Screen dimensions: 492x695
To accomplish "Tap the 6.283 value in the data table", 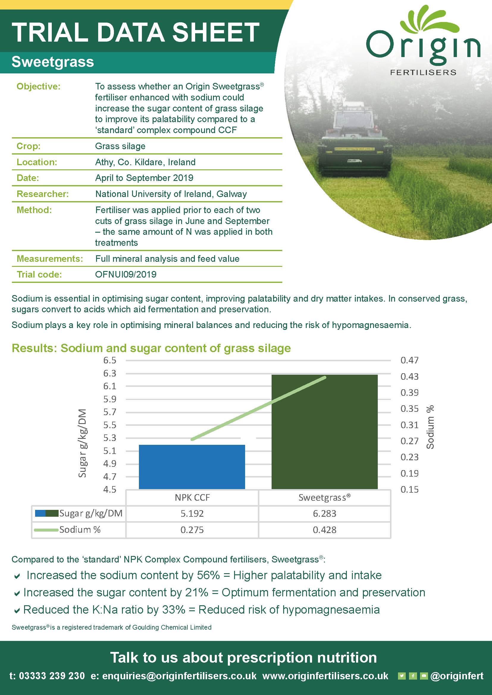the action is tap(325, 513).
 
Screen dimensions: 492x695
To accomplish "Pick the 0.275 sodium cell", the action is tap(192, 530).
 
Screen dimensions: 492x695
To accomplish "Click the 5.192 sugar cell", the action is tap(192, 513).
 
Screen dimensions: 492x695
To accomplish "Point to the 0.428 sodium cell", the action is tap(325, 530).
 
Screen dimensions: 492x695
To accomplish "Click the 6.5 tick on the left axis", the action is tap(110, 360).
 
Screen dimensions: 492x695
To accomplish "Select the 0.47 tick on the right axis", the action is tap(409, 360).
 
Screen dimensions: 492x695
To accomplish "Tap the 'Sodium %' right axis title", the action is tap(430, 427).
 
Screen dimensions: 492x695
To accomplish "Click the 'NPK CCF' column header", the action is tap(192, 498).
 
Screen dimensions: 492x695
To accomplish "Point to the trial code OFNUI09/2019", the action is tap(126, 274).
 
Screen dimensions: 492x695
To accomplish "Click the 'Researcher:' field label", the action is tap(43, 194).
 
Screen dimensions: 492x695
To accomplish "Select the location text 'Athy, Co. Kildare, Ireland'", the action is tap(145, 162).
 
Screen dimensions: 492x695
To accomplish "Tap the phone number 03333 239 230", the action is tap(52, 676).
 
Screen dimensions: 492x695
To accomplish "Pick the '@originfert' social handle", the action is tap(457, 676).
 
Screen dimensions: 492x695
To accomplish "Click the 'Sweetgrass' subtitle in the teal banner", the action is tap(53, 62).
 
